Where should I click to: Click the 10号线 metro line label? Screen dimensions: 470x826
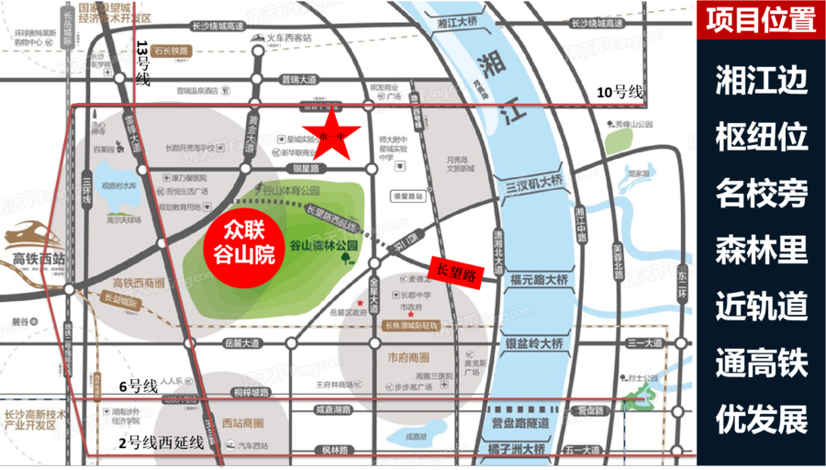point(622,92)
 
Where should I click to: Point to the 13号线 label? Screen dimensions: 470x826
point(142,62)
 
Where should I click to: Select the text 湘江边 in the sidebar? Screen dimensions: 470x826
point(761,81)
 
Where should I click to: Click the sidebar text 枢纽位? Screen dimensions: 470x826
point(761,138)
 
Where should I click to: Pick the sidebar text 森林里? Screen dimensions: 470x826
point(761,251)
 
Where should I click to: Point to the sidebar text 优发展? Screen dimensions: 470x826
point(761,420)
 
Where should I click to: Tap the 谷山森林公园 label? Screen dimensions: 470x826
point(323,246)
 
